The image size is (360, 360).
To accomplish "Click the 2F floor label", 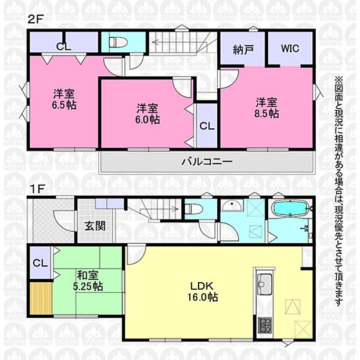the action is [x=35, y=19].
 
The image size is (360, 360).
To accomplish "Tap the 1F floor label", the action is [x=37, y=189].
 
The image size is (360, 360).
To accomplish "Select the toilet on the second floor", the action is [x=118, y=42].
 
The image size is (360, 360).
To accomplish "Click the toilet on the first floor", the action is [x=193, y=208].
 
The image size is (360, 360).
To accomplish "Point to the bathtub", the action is [x=290, y=208].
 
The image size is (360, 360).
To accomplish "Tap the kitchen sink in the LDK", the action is [x=265, y=284].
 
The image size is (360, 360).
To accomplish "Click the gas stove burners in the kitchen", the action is [x=265, y=325].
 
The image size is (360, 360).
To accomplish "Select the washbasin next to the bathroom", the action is [x=232, y=206].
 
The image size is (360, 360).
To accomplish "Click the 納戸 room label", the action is [x=243, y=50].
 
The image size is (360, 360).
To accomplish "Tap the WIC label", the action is [x=290, y=48].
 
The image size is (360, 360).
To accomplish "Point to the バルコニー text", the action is [x=207, y=161].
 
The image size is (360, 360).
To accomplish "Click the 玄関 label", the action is [x=95, y=226].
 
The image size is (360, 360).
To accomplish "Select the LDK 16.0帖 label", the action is [x=203, y=291].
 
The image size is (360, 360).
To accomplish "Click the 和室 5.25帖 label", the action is [x=88, y=281].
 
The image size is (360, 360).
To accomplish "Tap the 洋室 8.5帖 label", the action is [x=267, y=108].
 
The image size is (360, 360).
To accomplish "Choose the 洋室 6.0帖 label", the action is [x=147, y=114].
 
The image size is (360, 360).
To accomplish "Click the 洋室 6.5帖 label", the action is [x=64, y=99].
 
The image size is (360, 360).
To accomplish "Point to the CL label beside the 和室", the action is [x=40, y=263].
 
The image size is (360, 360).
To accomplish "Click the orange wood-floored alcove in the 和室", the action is [x=41, y=298].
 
